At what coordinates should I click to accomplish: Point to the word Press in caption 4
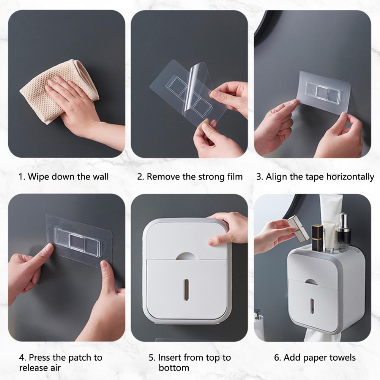coord(39,358)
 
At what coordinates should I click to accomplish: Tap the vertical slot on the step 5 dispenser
coord(186,290)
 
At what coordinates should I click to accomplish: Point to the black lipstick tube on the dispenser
coord(317,238)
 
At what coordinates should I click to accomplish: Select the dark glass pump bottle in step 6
coord(344,233)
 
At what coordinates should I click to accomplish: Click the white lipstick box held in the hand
coord(298,229)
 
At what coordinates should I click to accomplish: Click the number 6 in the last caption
coord(276,358)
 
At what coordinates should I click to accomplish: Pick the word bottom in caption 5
coord(174,367)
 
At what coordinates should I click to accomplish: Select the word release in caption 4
coord(34,367)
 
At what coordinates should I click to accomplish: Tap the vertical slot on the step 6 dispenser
coord(312,306)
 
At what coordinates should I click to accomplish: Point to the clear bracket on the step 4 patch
coord(77,242)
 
